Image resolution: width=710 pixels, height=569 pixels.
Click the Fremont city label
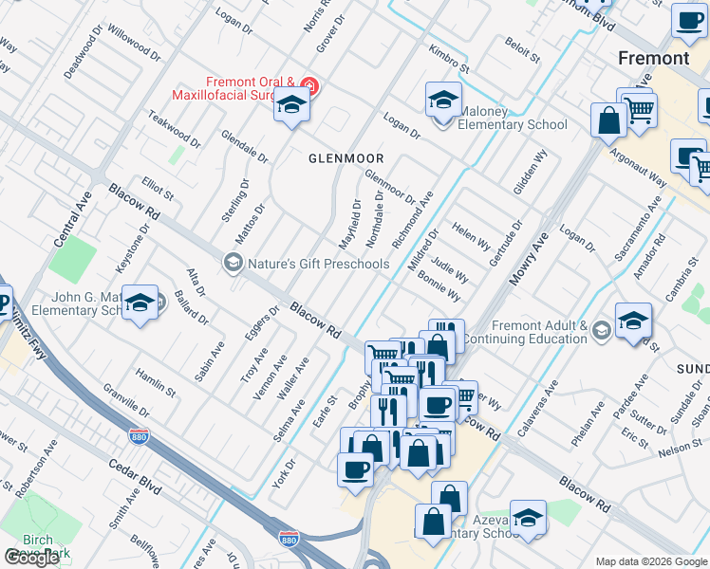coord(653,58)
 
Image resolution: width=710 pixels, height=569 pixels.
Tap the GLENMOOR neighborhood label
coord(346,158)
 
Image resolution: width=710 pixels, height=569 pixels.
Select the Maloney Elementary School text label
coord(513,124)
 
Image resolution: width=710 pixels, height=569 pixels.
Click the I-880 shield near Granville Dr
coord(139,436)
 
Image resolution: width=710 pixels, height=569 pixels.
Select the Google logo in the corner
coord(31,557)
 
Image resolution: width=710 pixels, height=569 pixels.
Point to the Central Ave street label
coord(71,218)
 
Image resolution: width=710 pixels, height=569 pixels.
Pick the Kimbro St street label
coord(448,60)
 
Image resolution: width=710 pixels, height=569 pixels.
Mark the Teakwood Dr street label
coord(175,129)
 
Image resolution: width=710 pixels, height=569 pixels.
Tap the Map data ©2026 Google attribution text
coord(651,561)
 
